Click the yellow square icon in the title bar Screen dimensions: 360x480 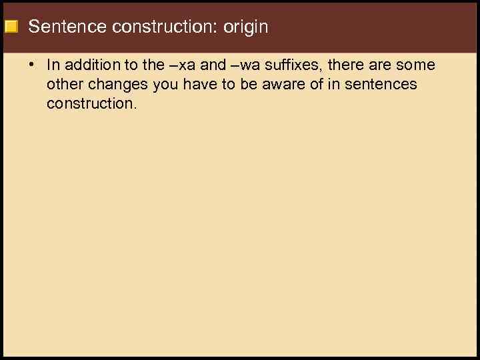click(11, 27)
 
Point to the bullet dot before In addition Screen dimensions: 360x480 click(31, 65)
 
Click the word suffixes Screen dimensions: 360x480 click(297, 65)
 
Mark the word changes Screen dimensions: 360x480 click(117, 85)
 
